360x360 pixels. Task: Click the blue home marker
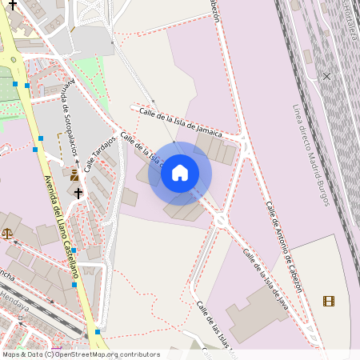coord(180,173)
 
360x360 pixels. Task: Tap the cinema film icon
coord(329,301)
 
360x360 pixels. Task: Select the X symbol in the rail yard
coord(326,76)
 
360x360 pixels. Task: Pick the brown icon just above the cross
coord(74,175)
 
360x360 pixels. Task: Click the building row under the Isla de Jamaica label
coord(215,148)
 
